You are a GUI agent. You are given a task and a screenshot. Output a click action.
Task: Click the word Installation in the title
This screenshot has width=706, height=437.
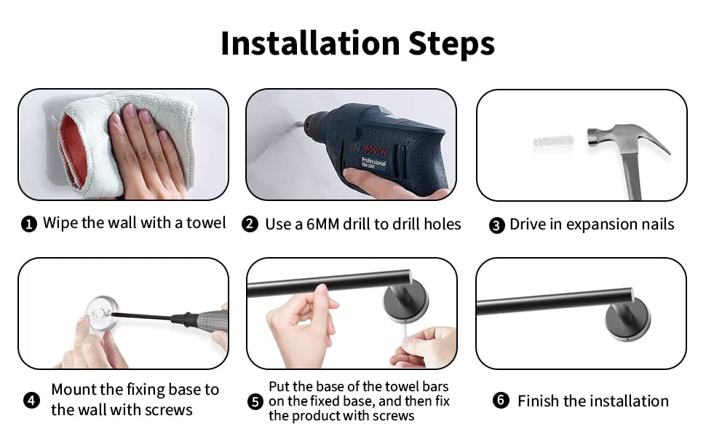click(310, 43)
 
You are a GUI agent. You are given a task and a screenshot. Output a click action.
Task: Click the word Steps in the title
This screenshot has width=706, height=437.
click(451, 44)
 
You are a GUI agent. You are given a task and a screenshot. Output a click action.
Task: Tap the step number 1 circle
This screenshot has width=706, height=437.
click(29, 224)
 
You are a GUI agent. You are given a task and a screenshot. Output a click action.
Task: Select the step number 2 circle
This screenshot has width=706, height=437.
click(250, 224)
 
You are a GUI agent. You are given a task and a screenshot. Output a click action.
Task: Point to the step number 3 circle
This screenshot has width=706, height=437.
click(496, 225)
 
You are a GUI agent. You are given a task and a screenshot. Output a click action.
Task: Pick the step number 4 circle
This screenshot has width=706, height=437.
click(31, 400)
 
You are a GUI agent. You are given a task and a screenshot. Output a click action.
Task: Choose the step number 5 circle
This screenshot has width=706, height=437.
click(255, 401)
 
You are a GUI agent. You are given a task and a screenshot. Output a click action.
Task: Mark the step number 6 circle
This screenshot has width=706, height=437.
click(501, 400)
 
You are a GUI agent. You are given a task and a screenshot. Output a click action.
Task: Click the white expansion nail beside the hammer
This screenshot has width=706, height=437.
click(553, 141)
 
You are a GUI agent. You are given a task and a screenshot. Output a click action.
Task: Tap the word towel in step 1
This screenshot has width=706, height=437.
click(206, 223)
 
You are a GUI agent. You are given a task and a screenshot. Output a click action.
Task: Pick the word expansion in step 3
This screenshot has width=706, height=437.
click(595, 225)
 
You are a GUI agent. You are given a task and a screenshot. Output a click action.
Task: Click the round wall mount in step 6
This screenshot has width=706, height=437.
click(627, 320)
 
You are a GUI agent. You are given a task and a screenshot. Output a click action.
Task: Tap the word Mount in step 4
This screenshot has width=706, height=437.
click(74, 389)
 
